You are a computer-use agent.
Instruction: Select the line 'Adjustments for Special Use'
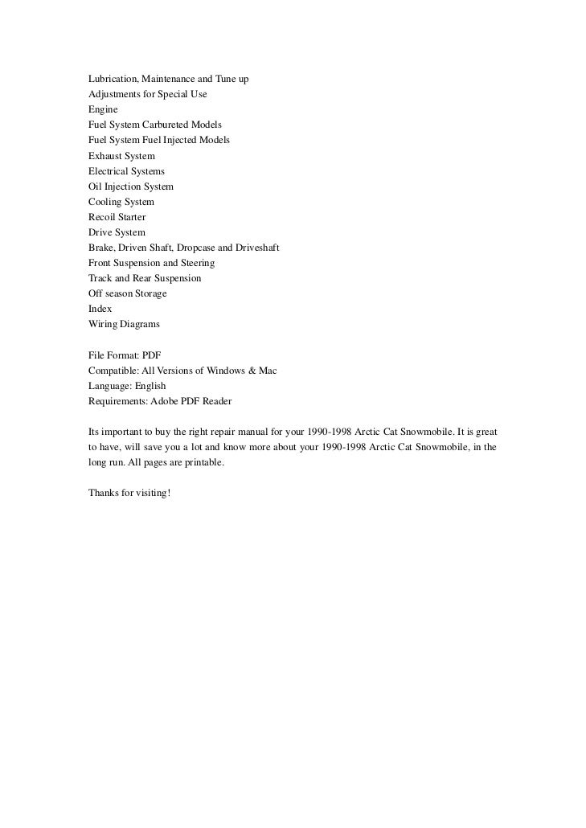click(147, 94)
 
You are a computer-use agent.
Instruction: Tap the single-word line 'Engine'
click(103, 109)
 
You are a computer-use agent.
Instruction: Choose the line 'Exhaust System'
click(121, 155)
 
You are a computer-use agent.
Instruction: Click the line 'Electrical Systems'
click(126, 171)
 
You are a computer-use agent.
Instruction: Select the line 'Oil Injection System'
click(130, 187)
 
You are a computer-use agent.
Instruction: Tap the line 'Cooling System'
click(121, 202)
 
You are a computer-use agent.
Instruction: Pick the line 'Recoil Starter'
click(117, 217)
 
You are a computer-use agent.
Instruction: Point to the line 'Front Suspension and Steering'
click(151, 263)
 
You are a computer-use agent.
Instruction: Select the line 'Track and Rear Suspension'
click(145, 278)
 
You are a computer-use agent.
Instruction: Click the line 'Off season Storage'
click(127, 293)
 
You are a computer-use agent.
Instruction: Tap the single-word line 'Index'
click(100, 309)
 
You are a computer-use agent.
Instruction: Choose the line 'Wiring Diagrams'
click(124, 324)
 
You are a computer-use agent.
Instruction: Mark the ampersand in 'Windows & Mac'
click(252, 371)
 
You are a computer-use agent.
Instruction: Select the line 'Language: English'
click(127, 386)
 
